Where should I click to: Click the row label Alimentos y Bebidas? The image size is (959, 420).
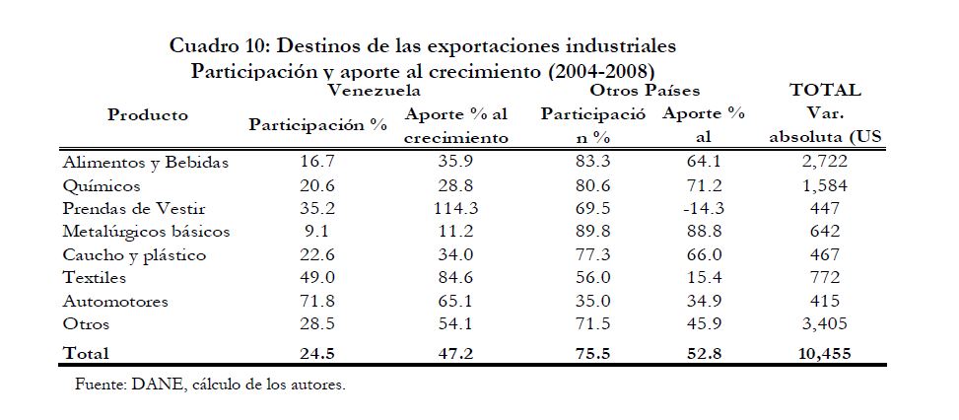(x=145, y=163)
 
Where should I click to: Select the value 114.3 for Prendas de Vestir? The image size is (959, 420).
(x=455, y=209)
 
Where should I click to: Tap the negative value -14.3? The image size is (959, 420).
(x=703, y=209)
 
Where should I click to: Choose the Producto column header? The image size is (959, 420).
(x=148, y=115)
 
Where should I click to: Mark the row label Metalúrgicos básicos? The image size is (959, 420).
(x=145, y=233)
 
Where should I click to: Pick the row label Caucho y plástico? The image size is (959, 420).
(x=133, y=255)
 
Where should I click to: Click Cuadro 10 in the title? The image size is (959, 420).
(x=216, y=45)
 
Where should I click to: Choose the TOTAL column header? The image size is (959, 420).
(x=825, y=91)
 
